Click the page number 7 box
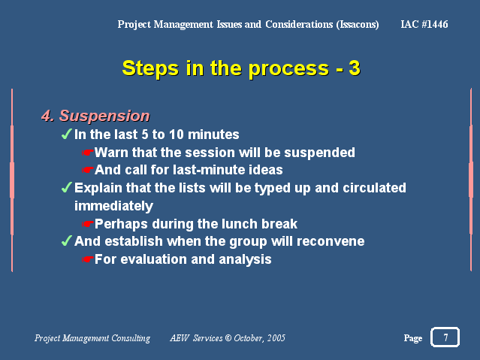[445, 337]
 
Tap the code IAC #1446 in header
[424, 24]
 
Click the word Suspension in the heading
[104, 116]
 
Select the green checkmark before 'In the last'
[66, 134]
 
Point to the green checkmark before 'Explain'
[66, 187]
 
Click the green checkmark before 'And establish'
[66, 241]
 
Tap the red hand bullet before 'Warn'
[88, 153]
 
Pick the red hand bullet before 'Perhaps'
[88, 224]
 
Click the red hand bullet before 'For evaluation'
[88, 259]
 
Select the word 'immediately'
[113, 206]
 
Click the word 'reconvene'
[331, 241]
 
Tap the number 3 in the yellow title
[355, 68]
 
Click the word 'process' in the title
[288, 68]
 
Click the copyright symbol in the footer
[228, 338]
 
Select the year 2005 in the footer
[276, 338]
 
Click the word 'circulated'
[374, 188]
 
